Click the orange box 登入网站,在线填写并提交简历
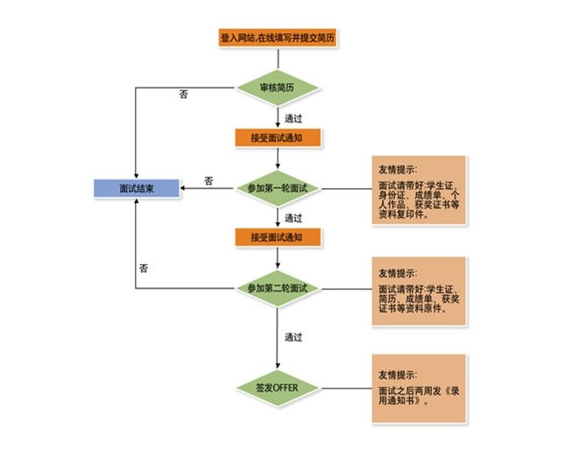point(279,38)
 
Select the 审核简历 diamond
point(278,88)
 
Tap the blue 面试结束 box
point(137,188)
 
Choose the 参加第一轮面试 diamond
point(279,188)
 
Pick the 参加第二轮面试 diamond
point(279,288)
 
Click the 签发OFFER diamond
point(279,388)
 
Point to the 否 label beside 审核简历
point(183,95)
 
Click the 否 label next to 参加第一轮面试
point(208,181)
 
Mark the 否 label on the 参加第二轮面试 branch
point(143,270)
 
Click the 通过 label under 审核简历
point(293,117)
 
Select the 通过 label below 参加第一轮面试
point(293,218)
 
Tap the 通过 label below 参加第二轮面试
point(293,336)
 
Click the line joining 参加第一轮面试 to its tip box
point(343,188)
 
